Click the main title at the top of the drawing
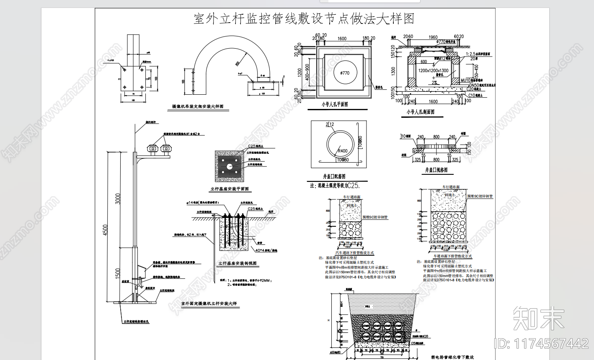pos(304,19)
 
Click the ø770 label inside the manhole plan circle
pos(345,73)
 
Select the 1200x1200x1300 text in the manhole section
pos(433,71)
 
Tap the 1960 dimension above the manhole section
pos(433,37)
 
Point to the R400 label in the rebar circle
pos(343,151)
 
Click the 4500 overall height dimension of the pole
pos(106,230)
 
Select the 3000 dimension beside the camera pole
pos(118,198)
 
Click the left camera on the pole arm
pos(152,148)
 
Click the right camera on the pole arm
pos(166,148)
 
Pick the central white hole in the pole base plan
pos(230,166)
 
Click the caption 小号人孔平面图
pos(335,104)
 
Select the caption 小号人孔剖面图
pos(421,112)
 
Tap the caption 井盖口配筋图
pos(334,176)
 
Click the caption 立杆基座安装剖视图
pos(237,264)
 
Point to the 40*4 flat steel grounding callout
pos(266,250)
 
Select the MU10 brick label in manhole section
pos(471,80)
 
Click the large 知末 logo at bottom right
pos(539,318)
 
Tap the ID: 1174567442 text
pos(542,343)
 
